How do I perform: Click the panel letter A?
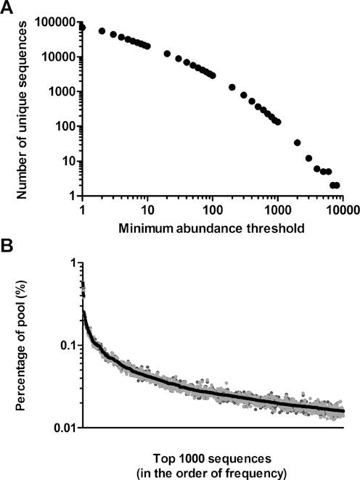(8, 8)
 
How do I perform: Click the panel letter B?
(8, 244)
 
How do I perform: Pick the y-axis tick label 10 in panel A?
(70, 161)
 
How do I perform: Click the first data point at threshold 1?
(82, 27)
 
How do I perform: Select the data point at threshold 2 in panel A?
(102, 31)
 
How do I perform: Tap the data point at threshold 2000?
(297, 142)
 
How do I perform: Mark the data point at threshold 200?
(232, 87)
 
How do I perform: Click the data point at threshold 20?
(168, 54)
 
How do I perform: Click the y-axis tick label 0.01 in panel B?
(65, 427)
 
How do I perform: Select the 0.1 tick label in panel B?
(67, 345)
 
